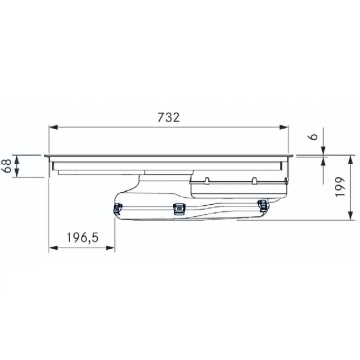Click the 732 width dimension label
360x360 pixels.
(x=168, y=117)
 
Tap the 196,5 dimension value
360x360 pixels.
(x=82, y=238)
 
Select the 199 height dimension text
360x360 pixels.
(x=340, y=187)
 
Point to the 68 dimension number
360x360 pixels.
(x=6, y=166)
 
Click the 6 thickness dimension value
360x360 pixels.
(x=314, y=137)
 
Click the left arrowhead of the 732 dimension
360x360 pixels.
(x=53, y=127)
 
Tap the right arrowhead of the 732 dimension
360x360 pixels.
(x=284, y=127)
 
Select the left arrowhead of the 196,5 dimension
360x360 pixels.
(x=53, y=248)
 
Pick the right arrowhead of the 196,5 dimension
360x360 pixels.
(x=110, y=248)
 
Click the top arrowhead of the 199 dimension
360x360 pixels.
(x=351, y=160)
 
